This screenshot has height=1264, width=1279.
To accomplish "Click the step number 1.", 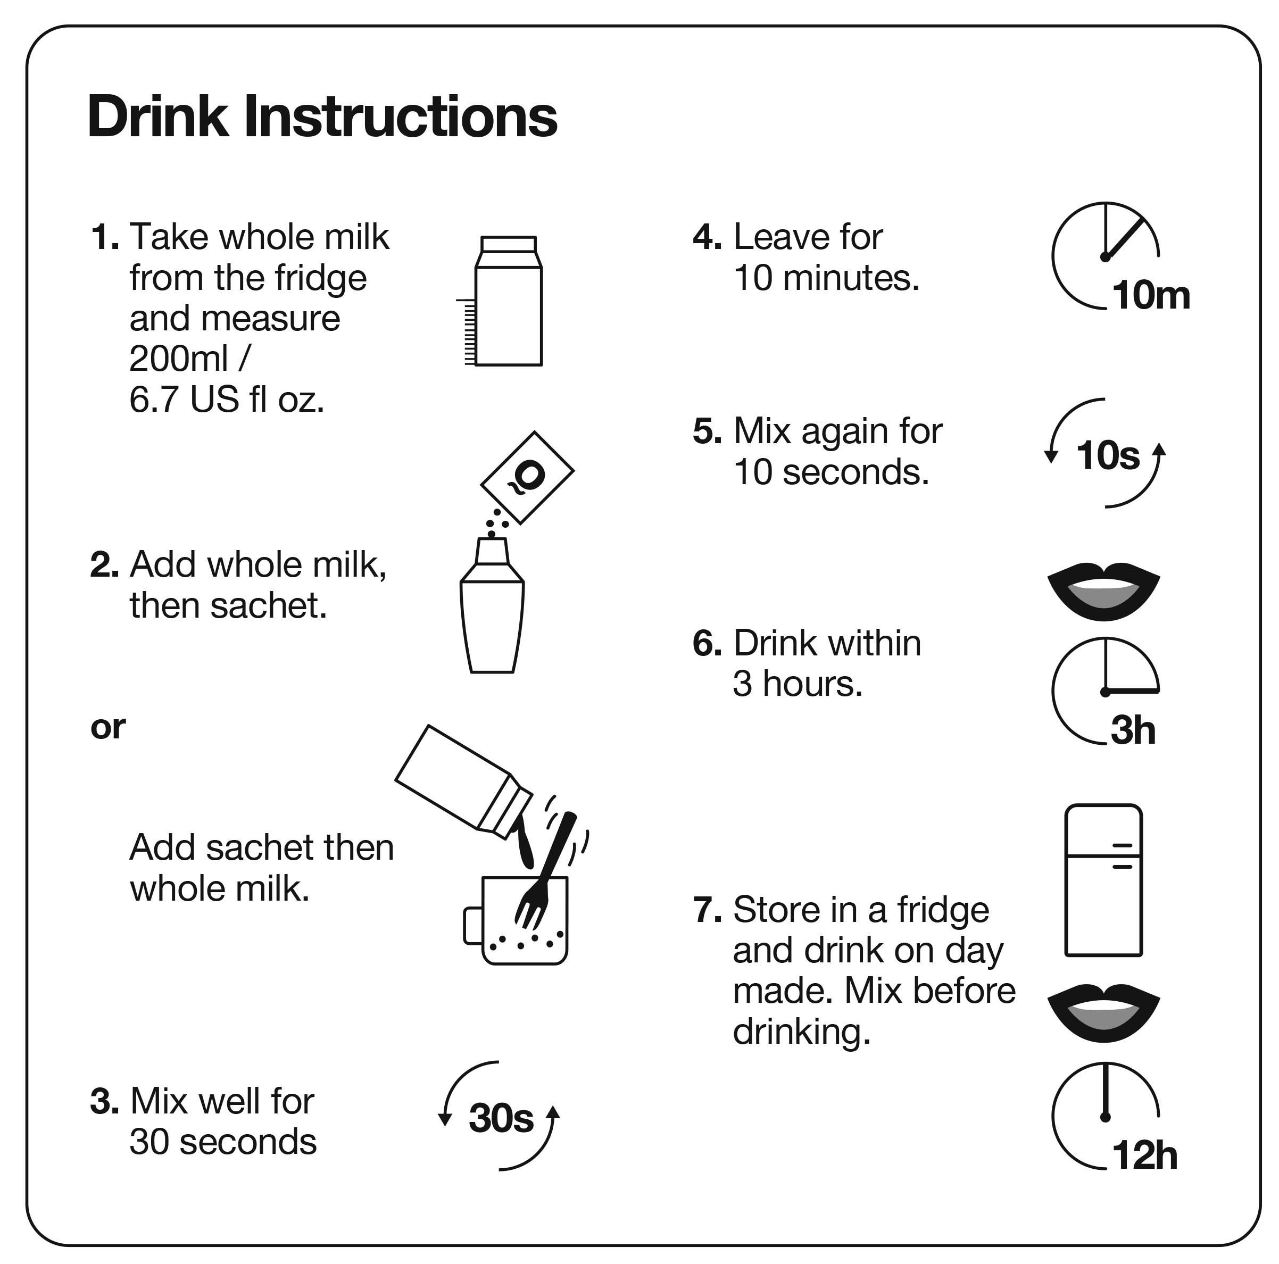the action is (x=105, y=237).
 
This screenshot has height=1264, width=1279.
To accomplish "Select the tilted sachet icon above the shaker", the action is (x=527, y=477).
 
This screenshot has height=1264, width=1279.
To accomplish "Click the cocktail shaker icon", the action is (x=492, y=605).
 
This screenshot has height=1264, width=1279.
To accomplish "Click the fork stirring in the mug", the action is (x=545, y=871).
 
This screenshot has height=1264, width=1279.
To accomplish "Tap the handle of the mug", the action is (x=472, y=926).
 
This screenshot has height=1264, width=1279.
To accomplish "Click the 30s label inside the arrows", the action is (x=501, y=1118).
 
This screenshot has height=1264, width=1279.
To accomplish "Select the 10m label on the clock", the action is (x=1151, y=295).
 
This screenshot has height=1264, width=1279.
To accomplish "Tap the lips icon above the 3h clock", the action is (x=1103, y=591).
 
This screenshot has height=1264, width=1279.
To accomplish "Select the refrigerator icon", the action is (x=1103, y=880).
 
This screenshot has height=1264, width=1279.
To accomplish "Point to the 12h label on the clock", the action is (x=1144, y=1155).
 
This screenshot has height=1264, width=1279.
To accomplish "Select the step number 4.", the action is (x=707, y=237).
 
